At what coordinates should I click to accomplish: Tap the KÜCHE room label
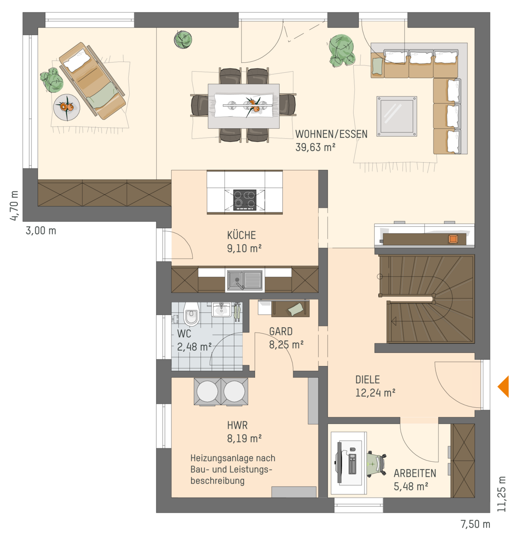point(241,235)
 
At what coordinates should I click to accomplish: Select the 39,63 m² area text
point(315,147)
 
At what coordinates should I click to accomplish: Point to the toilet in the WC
point(191,314)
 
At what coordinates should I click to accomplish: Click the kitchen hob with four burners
point(245,200)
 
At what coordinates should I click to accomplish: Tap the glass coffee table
point(396,116)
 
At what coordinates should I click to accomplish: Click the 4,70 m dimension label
point(14,205)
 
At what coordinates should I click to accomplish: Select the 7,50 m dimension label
point(475,524)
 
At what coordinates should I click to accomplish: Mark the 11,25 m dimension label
point(501,494)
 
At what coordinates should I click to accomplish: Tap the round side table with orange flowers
point(67,107)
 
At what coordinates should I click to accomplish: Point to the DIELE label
point(368,379)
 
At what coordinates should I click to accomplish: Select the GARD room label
point(280,331)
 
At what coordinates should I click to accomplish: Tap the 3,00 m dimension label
point(41,230)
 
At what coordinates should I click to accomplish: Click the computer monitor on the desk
point(339,463)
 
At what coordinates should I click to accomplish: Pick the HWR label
point(237,425)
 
